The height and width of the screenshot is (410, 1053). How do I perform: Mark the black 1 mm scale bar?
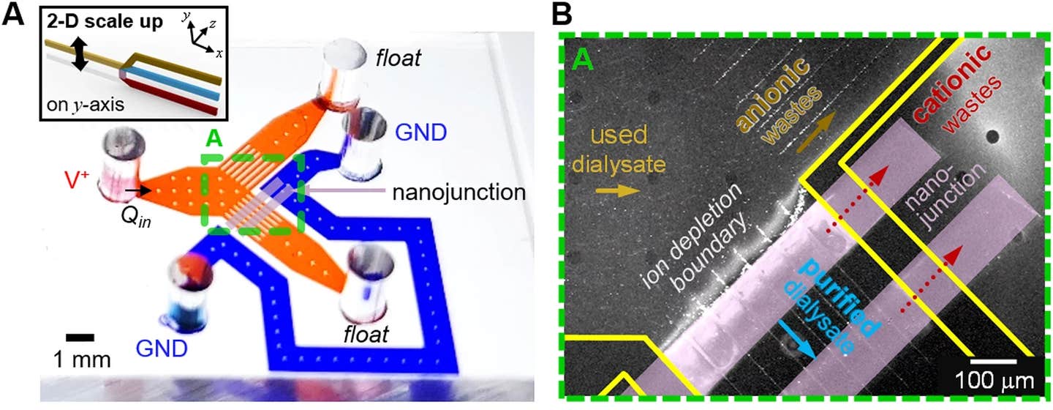[80, 338]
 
